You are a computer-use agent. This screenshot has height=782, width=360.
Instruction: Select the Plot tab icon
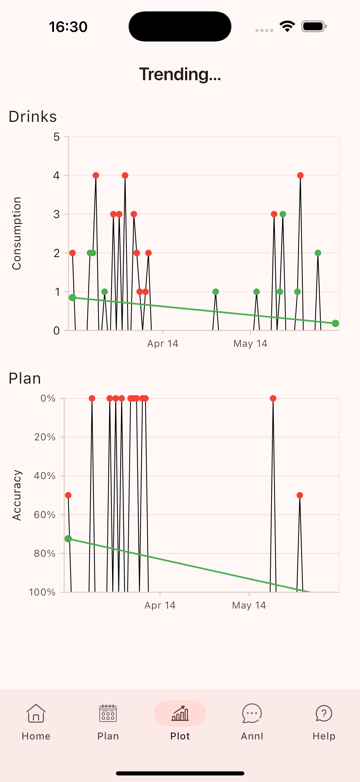(x=180, y=713)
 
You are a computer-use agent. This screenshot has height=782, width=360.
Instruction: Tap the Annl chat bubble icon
(x=252, y=713)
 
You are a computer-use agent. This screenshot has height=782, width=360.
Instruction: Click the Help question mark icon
(x=324, y=713)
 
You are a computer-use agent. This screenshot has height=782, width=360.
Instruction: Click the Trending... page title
(x=180, y=74)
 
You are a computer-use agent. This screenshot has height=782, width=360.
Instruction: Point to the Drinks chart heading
(x=33, y=117)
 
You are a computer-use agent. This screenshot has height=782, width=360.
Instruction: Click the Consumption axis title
(x=16, y=233)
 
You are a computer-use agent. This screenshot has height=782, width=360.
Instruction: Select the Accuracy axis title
(x=17, y=495)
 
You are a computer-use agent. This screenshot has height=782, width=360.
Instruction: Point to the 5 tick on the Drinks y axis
(x=56, y=137)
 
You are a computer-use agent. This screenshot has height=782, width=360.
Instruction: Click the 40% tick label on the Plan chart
(x=45, y=476)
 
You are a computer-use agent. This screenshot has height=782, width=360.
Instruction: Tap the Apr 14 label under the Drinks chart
(x=163, y=343)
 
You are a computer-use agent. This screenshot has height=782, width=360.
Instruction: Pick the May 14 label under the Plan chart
(x=249, y=605)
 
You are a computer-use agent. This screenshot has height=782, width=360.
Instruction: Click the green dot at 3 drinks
(x=283, y=214)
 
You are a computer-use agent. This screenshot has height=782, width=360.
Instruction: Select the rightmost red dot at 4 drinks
(x=301, y=176)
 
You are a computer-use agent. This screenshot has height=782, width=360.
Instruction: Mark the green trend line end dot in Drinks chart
(x=335, y=323)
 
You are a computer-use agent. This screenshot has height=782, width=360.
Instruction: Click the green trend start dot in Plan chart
(x=68, y=539)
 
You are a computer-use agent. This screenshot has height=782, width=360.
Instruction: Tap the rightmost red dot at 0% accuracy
(x=273, y=399)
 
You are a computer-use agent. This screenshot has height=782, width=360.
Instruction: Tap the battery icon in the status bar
(x=314, y=26)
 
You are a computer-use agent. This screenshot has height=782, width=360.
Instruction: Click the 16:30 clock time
(x=68, y=27)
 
